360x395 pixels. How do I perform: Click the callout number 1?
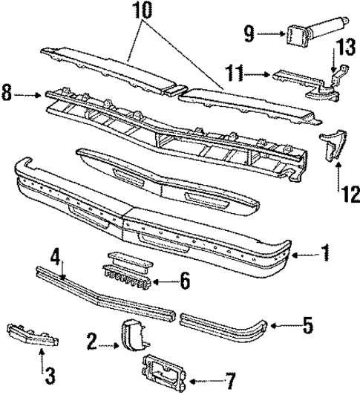tap(325, 255)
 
